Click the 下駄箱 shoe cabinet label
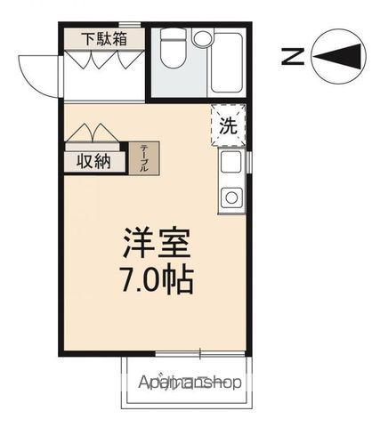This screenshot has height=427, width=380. click(x=103, y=39)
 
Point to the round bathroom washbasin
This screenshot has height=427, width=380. click(x=202, y=38)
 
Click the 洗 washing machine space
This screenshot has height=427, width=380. click(x=228, y=125)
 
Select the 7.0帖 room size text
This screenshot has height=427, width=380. click(x=157, y=281)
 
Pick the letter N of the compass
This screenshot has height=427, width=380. click(x=289, y=56)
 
